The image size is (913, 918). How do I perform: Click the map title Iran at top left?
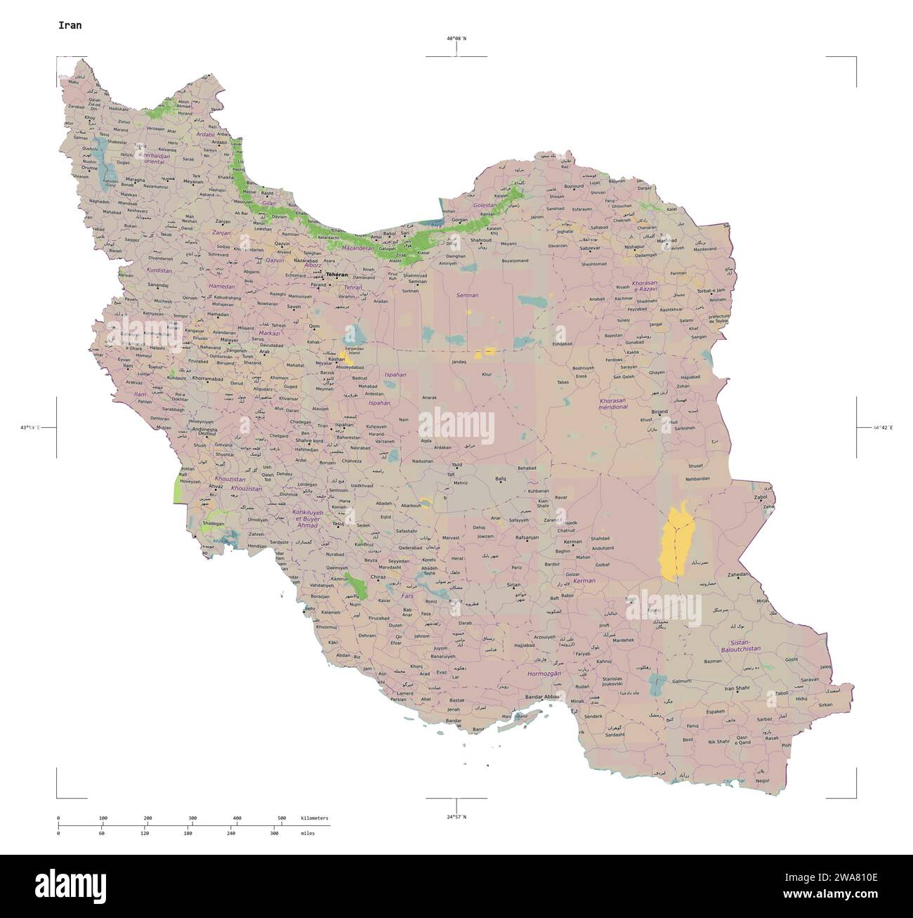tap(70, 25)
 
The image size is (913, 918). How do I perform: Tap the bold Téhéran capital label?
tap(337, 275)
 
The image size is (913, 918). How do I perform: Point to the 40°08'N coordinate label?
tap(456, 39)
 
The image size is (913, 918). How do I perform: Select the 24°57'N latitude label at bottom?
tap(456, 817)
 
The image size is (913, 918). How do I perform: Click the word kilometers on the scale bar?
tap(314, 818)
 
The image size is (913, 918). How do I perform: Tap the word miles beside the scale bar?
tap(308, 833)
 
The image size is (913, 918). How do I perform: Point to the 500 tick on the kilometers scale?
tap(281, 818)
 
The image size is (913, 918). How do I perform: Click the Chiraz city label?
tap(379, 577)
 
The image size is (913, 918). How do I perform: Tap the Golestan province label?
tap(485, 205)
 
